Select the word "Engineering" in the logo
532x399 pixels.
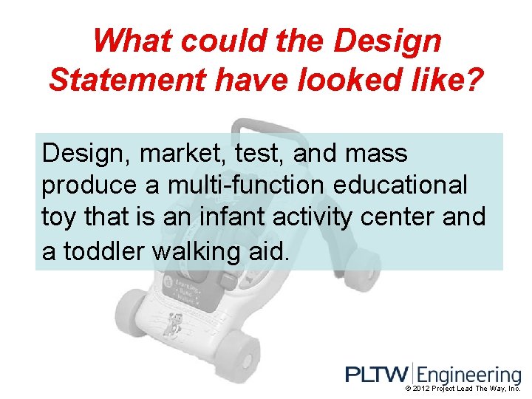pyautogui.click(x=470, y=375)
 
